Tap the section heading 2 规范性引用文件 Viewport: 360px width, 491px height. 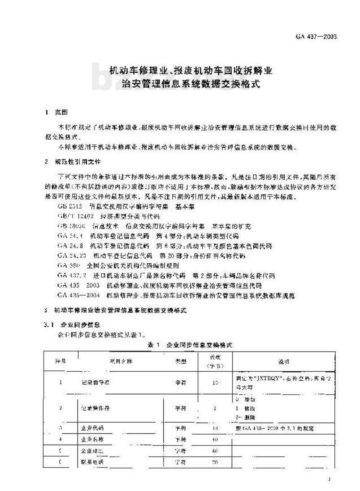(x=72, y=162)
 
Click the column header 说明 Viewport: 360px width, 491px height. (x=283, y=361)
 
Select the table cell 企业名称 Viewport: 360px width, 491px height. (x=90, y=439)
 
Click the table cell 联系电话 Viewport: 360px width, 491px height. (x=90, y=461)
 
